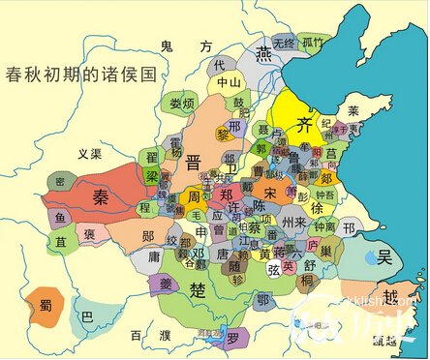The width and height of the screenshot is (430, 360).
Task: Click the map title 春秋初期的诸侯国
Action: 80,74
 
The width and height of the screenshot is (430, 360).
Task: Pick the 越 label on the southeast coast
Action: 389,296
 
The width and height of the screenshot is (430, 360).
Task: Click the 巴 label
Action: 87,316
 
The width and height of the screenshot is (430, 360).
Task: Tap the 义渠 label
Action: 90,152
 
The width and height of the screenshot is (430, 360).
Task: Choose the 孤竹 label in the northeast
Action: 312,43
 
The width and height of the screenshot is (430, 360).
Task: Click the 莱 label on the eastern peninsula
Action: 353,110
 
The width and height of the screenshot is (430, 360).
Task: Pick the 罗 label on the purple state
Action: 232,338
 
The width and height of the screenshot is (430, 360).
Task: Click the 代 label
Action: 218,65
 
